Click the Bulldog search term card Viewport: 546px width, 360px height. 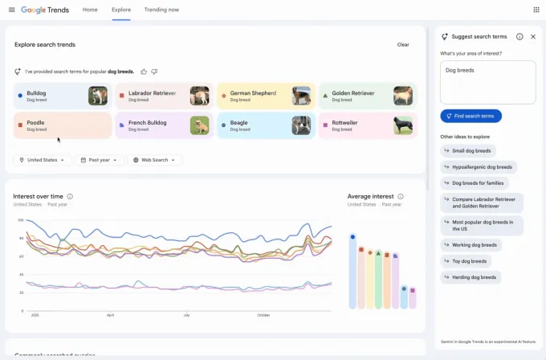coord(48,96)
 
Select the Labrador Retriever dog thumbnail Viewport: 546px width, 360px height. coord(199,96)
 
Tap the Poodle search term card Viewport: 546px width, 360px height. coord(48,125)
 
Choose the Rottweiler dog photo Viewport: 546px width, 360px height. coord(403,125)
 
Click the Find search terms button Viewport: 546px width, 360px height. coord(471,116)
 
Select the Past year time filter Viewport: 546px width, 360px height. coord(100,160)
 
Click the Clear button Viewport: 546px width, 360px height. coord(403,45)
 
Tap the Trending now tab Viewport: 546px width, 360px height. coord(161,10)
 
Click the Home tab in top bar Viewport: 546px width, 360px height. coord(90,10)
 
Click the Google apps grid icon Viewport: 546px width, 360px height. coord(536,10)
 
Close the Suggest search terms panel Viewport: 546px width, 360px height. coord(533,37)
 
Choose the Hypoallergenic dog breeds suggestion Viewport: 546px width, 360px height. coord(479,167)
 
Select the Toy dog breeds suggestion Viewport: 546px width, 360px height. coord(471,261)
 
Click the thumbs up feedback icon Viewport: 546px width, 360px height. coord(144,72)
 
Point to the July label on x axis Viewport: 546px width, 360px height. coord(186,315)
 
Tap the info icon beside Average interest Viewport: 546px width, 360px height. coord(401,196)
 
